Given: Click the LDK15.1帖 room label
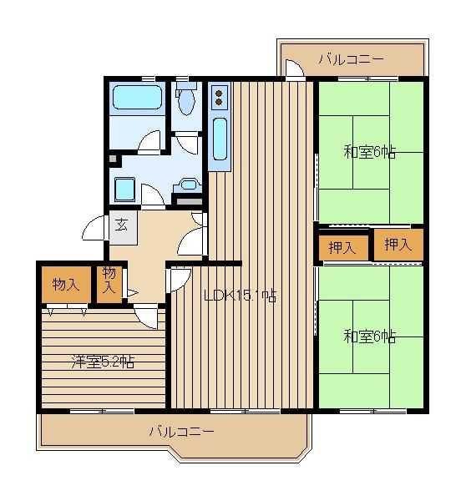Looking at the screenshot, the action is [x=240, y=296].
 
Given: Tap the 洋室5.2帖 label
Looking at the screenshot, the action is [x=102, y=362].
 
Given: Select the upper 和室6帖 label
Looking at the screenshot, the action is [x=370, y=152].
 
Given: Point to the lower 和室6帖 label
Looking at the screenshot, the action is [x=370, y=337].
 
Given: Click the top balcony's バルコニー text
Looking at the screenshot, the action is [x=351, y=59].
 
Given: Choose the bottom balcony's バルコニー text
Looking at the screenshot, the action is [x=181, y=432].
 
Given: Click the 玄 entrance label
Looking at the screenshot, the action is [x=121, y=225].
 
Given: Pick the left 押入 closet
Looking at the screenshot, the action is [x=343, y=248].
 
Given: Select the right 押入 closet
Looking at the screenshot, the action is [x=398, y=245].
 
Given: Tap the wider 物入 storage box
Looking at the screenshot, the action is [x=66, y=284].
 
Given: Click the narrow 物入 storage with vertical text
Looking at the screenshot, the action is [x=109, y=284].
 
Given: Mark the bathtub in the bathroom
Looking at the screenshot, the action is [x=138, y=97].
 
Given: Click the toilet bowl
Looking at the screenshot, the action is [x=186, y=101].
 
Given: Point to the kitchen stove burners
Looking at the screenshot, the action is [x=219, y=98].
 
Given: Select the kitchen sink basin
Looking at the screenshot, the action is [x=220, y=139].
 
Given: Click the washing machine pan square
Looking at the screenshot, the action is [x=124, y=190].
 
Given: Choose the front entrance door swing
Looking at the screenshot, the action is [x=94, y=228].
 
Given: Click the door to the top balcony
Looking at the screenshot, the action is [x=294, y=68].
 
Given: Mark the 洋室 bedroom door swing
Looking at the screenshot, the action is [x=146, y=316].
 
